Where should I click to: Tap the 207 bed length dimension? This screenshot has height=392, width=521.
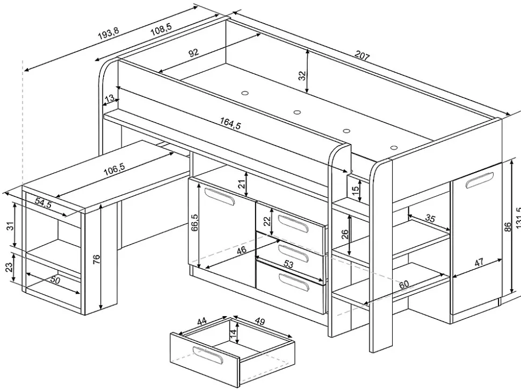click(362, 56)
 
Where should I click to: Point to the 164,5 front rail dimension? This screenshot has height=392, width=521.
click(230, 125)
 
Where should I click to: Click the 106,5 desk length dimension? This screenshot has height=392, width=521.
click(114, 168)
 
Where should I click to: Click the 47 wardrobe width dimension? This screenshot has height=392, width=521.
click(480, 262)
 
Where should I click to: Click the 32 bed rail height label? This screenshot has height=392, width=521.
click(302, 75)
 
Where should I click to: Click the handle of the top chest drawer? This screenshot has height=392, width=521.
click(292, 222)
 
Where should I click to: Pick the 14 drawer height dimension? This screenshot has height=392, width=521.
click(233, 333)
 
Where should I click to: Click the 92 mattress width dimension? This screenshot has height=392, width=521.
click(193, 53)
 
